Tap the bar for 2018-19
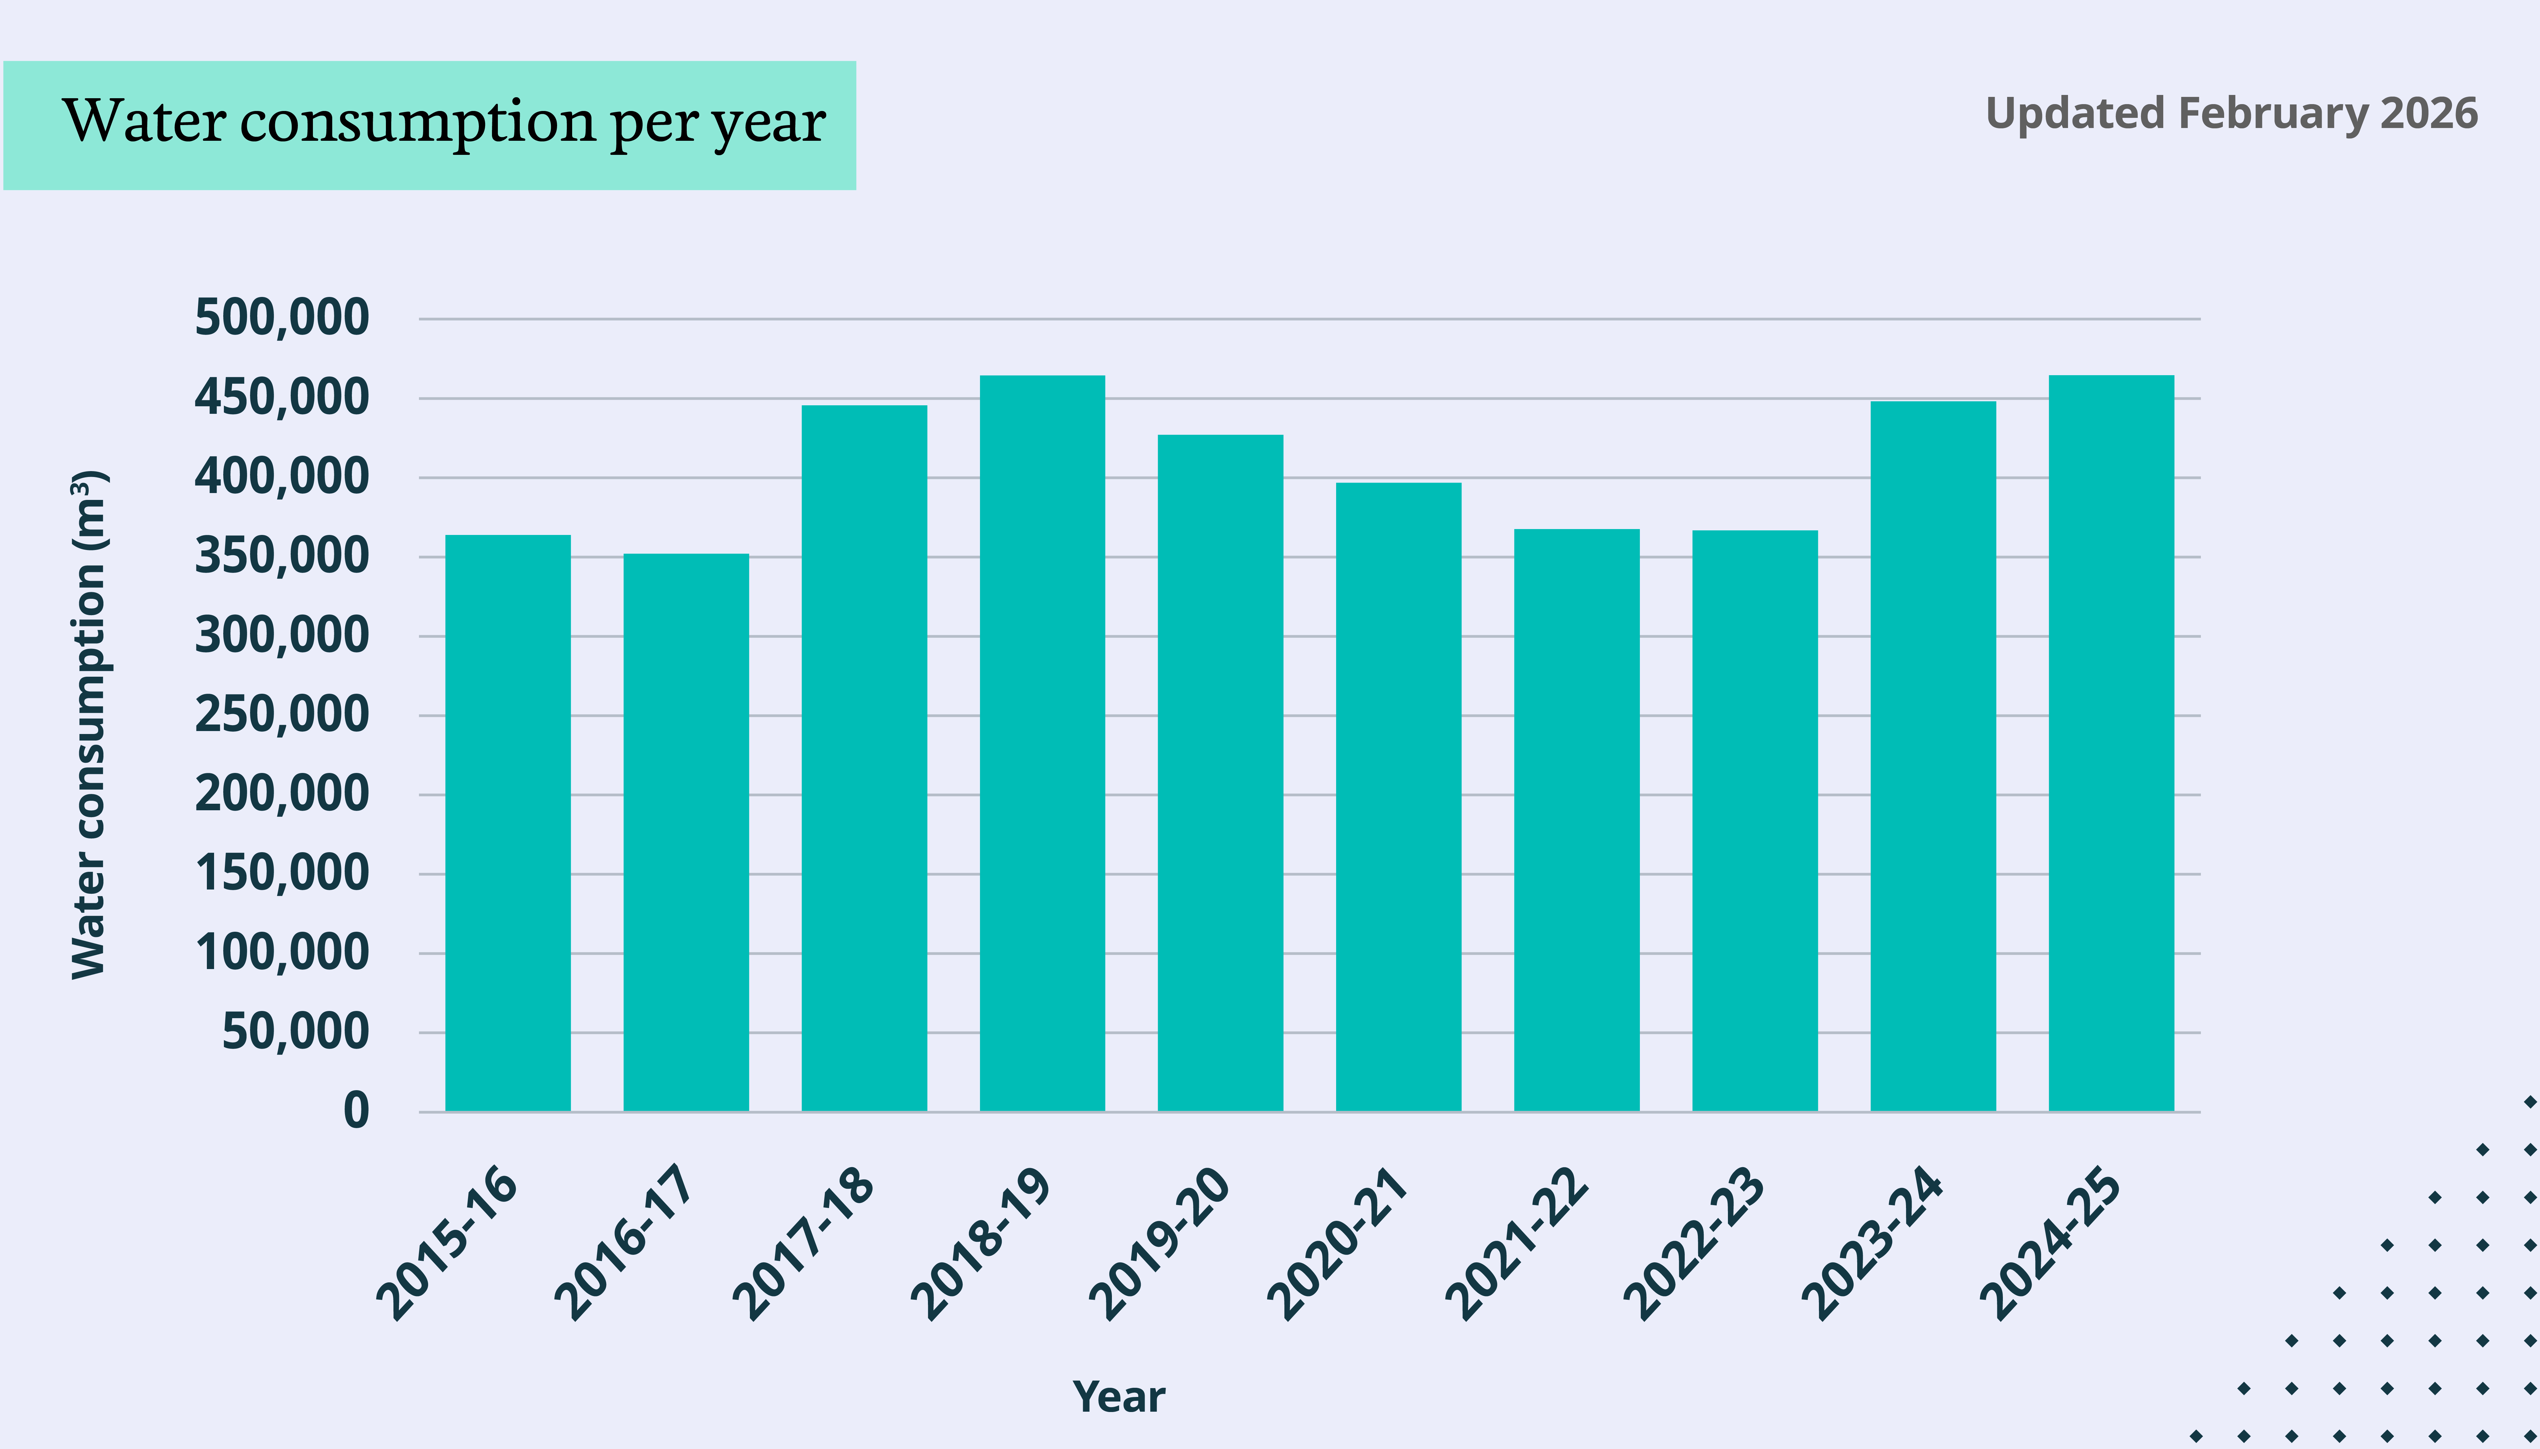coord(1042,743)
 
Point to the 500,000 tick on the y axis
coord(281,319)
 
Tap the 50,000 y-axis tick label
coord(295,1032)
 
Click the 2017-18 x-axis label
coord(804,1244)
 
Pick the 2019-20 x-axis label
coord(1160,1244)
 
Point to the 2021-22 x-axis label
coord(1516,1244)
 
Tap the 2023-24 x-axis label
coord(1872,1244)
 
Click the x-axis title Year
coord(1118,1397)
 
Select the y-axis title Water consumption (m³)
coord(90,724)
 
